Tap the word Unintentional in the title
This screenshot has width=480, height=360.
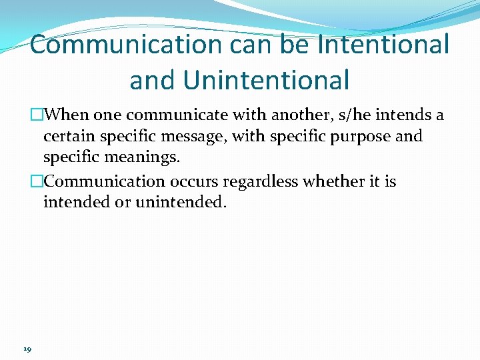point(266,80)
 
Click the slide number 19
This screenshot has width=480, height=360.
point(27,347)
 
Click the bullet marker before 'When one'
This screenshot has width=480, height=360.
point(37,115)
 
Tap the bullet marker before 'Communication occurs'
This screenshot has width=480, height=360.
point(37,181)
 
